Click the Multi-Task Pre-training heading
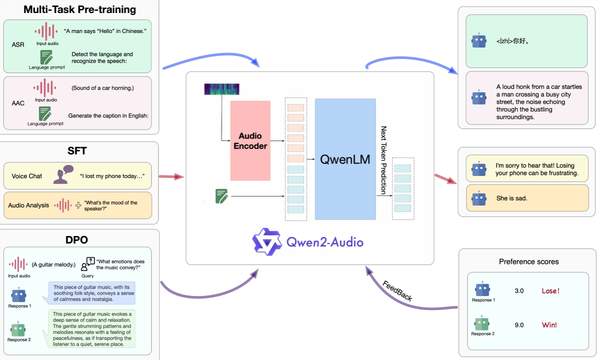(x=80, y=9)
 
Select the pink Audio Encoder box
(x=250, y=140)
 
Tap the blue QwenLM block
(x=345, y=159)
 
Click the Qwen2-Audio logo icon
(x=267, y=242)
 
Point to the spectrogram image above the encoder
(x=222, y=89)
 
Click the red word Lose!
(x=551, y=291)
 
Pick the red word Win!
(x=549, y=325)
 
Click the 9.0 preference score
(x=519, y=325)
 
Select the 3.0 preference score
(x=519, y=291)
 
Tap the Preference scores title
(x=529, y=261)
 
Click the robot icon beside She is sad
(x=479, y=198)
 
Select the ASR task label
(x=17, y=45)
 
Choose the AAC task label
(x=18, y=103)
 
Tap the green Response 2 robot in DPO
(x=18, y=329)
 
